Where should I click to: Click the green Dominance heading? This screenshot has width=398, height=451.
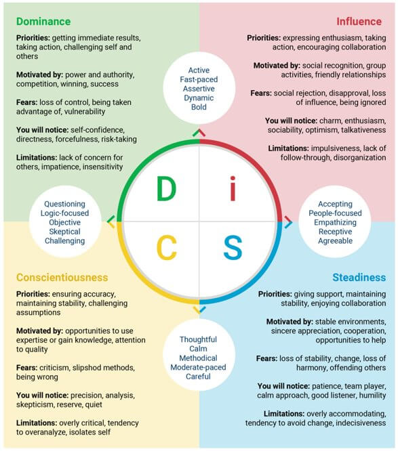tap(43, 22)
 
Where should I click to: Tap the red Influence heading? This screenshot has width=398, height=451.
tap(359, 22)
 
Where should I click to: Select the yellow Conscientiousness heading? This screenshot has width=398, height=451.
tap(62, 277)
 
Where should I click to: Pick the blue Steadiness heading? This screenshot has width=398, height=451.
tap(359, 277)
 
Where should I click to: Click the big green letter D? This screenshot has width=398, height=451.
tap(166, 189)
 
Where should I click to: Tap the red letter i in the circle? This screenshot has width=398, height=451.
tap(233, 188)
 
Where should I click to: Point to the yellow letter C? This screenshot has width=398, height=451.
tap(167, 248)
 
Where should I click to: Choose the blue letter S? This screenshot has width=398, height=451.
tap(233, 248)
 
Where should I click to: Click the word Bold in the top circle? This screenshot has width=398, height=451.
tap(199, 107)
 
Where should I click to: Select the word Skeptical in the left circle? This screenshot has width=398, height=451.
tap(65, 232)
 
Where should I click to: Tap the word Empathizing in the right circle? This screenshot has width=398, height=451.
tap(335, 222)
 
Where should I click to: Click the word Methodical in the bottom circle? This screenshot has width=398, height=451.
tap(198, 358)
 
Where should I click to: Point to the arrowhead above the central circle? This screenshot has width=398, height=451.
tap(199, 133)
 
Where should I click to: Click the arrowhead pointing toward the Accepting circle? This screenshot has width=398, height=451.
tap(289, 222)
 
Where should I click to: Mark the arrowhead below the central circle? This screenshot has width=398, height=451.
tap(199, 309)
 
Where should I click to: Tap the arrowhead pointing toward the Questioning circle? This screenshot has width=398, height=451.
tap(111, 221)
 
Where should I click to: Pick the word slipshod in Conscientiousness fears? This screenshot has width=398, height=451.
tap(88, 368)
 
